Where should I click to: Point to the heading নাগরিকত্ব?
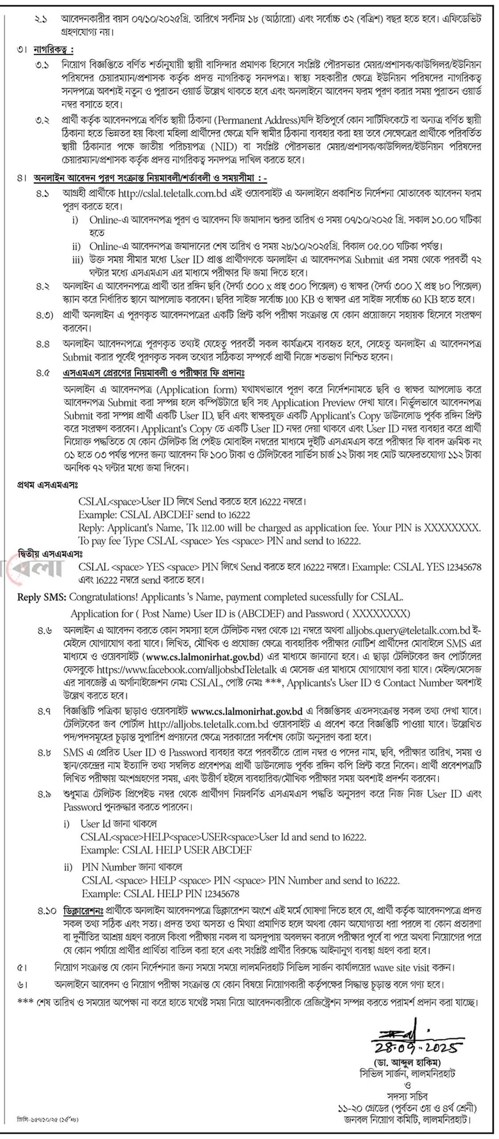tap(53, 49)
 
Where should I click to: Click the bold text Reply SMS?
tap(42, 597)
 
